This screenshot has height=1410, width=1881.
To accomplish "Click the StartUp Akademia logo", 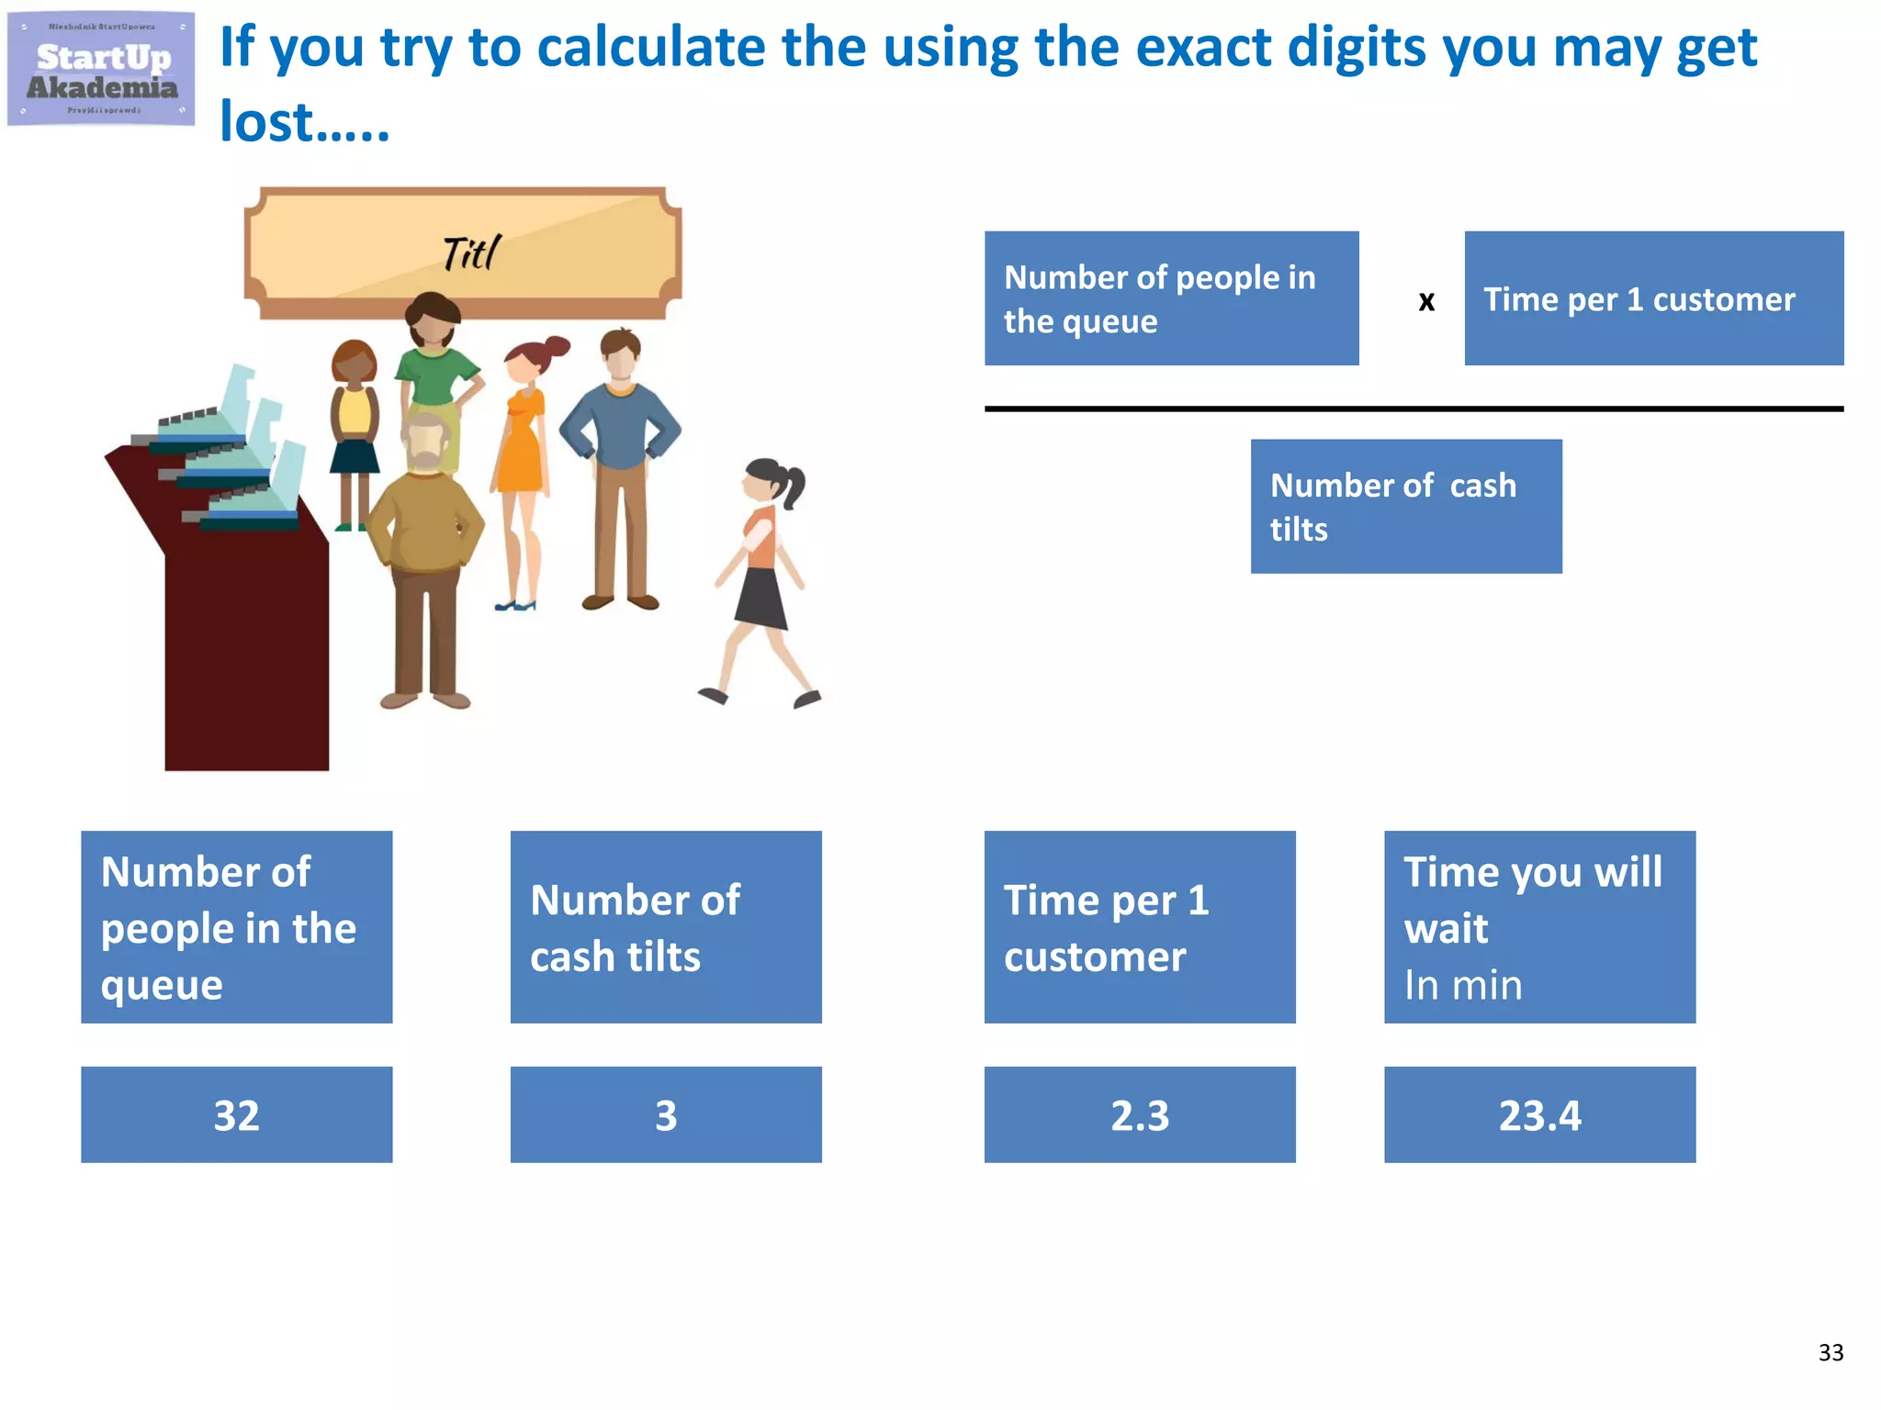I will coord(101,69).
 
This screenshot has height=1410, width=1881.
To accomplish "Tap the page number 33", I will coord(1830,1352).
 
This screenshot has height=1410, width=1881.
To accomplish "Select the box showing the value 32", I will coord(236,1114).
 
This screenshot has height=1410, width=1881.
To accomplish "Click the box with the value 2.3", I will coord(1139,1114).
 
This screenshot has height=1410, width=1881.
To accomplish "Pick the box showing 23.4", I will coord(1539,1114).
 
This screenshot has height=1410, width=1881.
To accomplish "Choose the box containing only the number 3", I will coord(666,1114).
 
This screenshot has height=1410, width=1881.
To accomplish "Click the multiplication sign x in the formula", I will coord(1425,301).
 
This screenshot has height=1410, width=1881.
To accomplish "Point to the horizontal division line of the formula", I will coord(1414,408).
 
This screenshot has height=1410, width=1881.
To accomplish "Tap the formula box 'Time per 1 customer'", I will coord(1653,298).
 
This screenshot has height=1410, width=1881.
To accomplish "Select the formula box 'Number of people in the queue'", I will coord(1171,298).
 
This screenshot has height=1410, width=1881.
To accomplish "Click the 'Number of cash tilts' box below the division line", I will coord(1405,506).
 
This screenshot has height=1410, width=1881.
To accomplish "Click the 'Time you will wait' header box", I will coord(1539,926).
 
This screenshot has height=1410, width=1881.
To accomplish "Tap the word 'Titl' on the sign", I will coord(471,253).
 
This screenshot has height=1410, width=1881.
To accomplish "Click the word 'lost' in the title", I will coord(266,122).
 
